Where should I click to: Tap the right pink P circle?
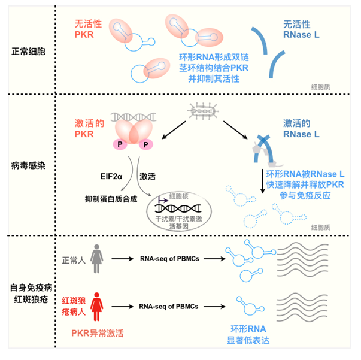pyautogui.click(x=145, y=144)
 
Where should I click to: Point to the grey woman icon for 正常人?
pyautogui.click(x=96, y=258)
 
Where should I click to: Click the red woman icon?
pyautogui.click(x=96, y=305)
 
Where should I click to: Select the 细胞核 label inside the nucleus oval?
pyautogui.click(x=179, y=196)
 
